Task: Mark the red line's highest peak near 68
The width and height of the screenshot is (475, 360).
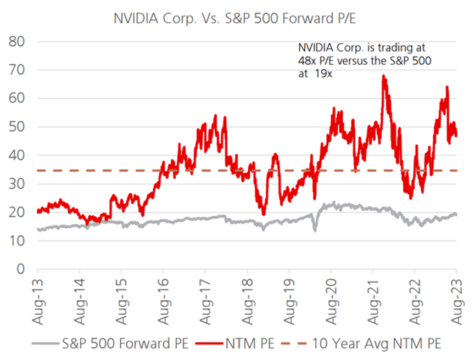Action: pos(383,76)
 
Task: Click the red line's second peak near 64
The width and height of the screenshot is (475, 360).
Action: pos(447,87)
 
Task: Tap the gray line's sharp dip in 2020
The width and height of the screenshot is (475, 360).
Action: pos(315,229)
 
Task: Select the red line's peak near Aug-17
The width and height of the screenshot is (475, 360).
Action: pos(215,116)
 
